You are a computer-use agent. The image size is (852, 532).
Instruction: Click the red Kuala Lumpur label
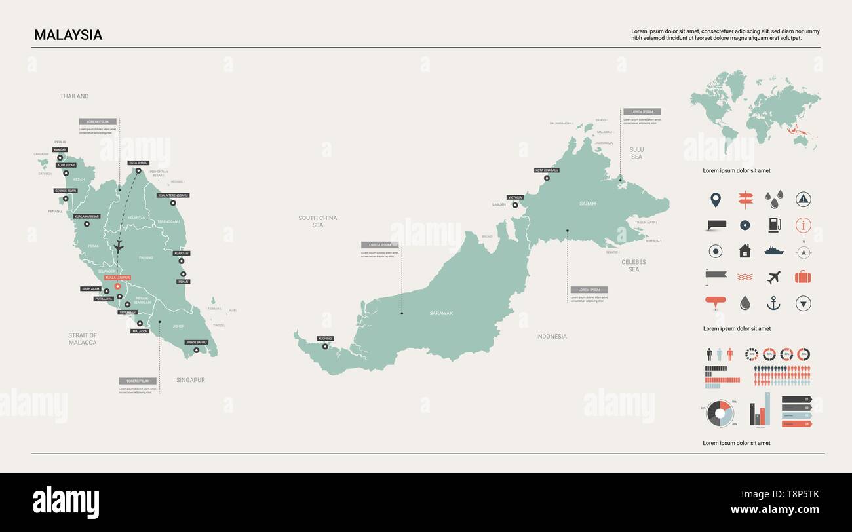coord(117,278)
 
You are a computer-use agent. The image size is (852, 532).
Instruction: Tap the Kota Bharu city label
coord(138,162)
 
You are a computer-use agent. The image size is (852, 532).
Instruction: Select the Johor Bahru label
coord(197,342)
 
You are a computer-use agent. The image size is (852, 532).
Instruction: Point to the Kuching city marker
coord(324,346)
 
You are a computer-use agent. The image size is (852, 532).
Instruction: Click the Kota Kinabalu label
coord(547,170)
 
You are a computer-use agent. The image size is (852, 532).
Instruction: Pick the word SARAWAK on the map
coord(441,313)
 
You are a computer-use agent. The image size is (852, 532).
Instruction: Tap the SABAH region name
coord(587,204)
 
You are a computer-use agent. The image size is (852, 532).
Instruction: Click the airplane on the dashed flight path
coord(119,246)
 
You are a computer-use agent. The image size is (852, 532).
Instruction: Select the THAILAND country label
coord(74,96)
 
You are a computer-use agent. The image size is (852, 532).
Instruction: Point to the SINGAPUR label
coord(190,380)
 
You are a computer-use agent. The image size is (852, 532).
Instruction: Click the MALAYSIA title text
coord(68,35)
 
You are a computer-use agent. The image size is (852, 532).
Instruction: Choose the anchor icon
coord(774,303)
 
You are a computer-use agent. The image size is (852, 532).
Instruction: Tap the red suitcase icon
coord(803,276)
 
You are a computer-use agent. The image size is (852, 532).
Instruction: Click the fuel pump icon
coord(774,225)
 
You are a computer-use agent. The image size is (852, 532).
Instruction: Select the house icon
coord(745,251)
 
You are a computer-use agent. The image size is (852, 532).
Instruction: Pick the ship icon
coord(774,250)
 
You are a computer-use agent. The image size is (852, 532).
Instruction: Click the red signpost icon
coord(745,199)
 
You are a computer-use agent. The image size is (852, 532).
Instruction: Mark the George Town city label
coord(66,191)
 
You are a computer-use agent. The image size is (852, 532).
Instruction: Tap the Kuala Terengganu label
coord(173,195)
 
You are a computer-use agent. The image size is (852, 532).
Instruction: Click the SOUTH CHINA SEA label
coord(318,221)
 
